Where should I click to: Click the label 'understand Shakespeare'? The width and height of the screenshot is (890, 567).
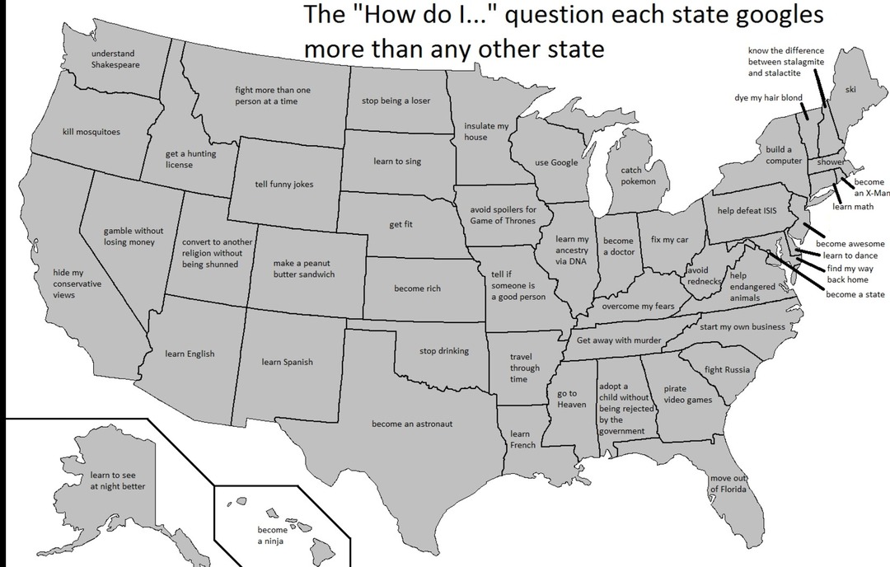pyautogui.click(x=115, y=59)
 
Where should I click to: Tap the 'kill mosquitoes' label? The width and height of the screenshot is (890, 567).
pyautogui.click(x=91, y=132)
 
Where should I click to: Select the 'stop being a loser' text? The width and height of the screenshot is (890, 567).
pyautogui.click(x=396, y=101)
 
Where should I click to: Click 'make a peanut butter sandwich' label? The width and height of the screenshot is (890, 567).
pyautogui.click(x=304, y=269)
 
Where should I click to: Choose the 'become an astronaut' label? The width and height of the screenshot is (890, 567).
pyautogui.click(x=412, y=424)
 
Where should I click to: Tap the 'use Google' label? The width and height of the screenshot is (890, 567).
pyautogui.click(x=556, y=163)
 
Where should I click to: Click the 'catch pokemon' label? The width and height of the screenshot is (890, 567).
pyautogui.click(x=638, y=176)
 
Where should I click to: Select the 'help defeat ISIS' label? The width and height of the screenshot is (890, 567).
pyautogui.click(x=747, y=211)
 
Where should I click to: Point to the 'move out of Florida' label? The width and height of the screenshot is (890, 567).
pyautogui.click(x=728, y=484)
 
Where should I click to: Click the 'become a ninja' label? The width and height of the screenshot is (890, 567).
pyautogui.click(x=272, y=536)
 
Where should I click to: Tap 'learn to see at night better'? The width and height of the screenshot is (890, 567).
pyautogui.click(x=117, y=480)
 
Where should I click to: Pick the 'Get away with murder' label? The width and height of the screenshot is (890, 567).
pyautogui.click(x=619, y=340)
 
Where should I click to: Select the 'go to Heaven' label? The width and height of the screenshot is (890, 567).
pyautogui.click(x=571, y=399)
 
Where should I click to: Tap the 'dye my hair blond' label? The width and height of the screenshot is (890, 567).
pyautogui.click(x=768, y=98)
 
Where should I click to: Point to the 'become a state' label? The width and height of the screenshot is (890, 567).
pyautogui.click(x=855, y=294)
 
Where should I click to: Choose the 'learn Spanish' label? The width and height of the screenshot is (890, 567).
pyautogui.click(x=287, y=362)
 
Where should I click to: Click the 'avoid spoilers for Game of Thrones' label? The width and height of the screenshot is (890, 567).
pyautogui.click(x=503, y=215)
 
